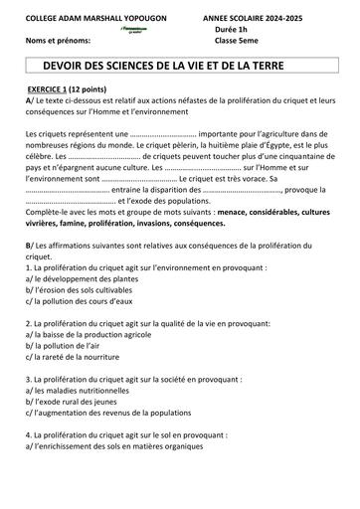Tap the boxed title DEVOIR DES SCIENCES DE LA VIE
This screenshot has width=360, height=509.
pyautogui.click(x=179, y=65)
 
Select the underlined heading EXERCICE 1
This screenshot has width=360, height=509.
pyautogui.click(x=58, y=88)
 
